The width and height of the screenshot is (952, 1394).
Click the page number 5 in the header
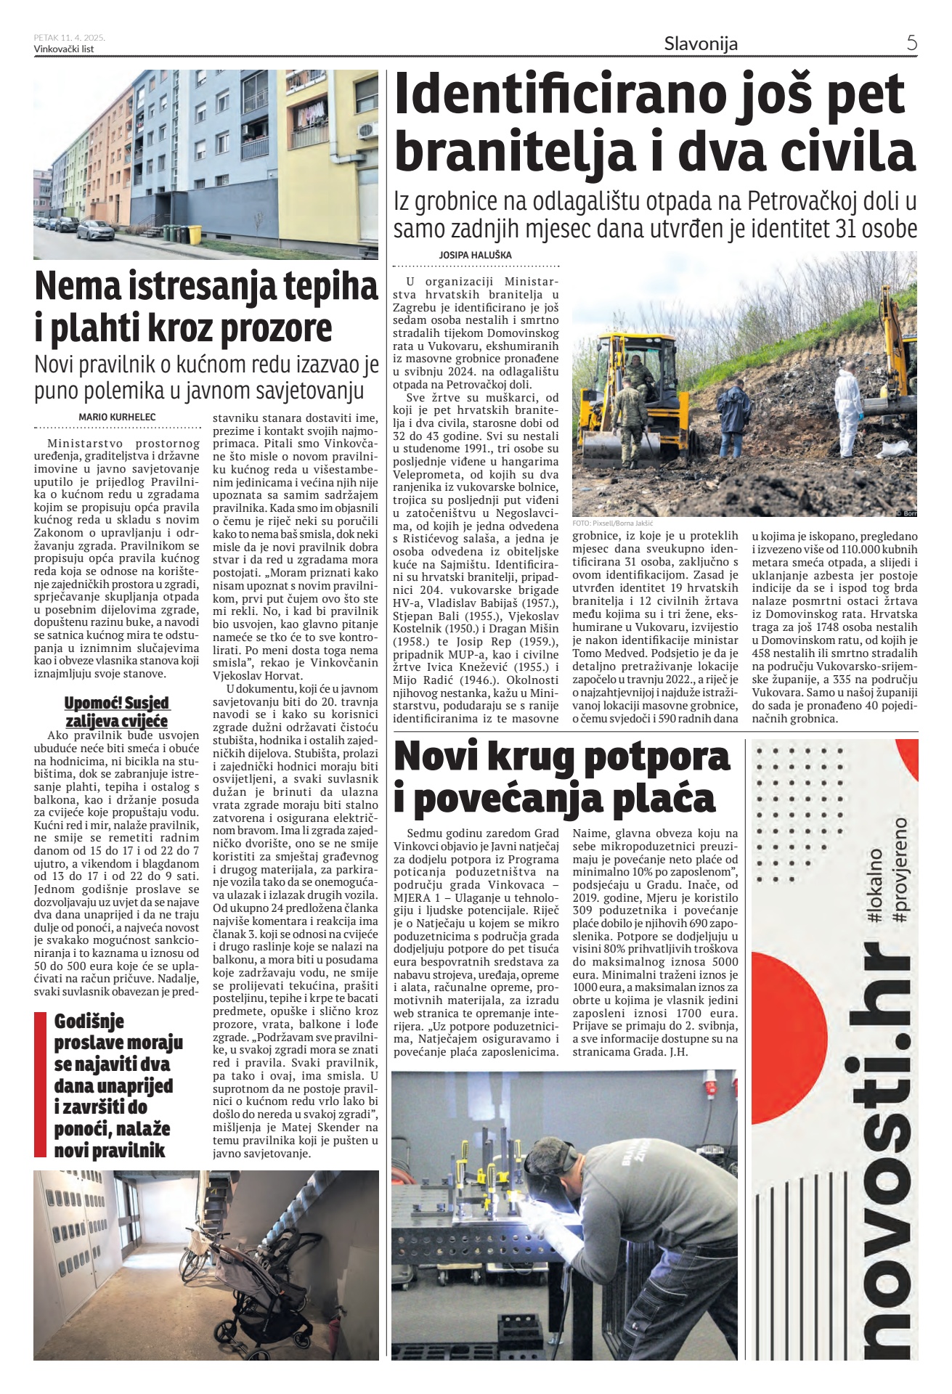911,43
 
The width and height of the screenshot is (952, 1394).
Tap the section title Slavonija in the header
701,44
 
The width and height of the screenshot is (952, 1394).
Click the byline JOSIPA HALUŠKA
475,256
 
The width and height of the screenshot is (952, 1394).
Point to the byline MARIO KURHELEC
117,417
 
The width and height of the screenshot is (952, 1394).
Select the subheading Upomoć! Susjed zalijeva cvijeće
117,712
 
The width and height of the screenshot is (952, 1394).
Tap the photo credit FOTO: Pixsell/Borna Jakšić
613,523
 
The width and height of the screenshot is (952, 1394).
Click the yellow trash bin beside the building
194,234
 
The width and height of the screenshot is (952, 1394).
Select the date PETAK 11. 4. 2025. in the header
70,38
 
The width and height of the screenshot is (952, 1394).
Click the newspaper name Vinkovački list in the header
64,49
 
